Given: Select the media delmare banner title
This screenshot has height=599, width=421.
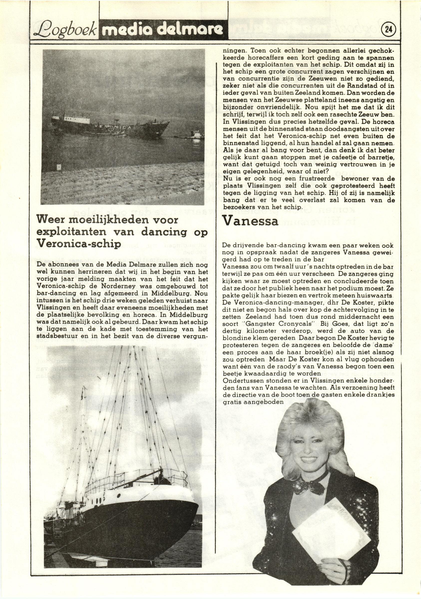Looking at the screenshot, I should [x=162, y=30].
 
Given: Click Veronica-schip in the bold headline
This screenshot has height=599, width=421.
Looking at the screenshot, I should [x=79, y=243].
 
